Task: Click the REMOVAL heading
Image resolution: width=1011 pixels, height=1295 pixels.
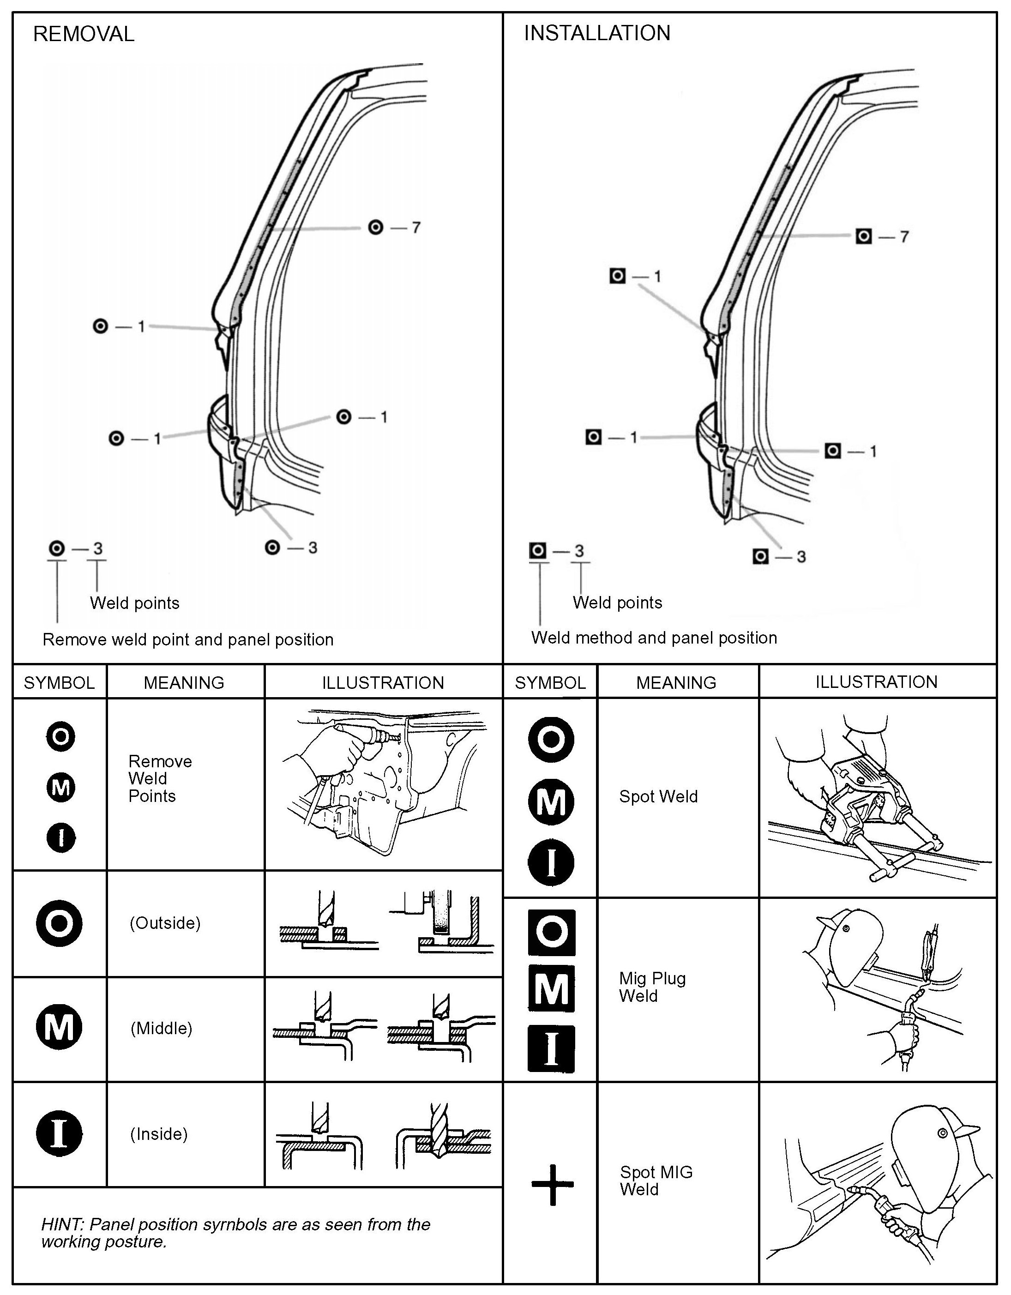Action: [x=84, y=34]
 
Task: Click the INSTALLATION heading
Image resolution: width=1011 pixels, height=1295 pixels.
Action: [x=596, y=33]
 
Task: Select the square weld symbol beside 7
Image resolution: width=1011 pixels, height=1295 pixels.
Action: [x=863, y=236]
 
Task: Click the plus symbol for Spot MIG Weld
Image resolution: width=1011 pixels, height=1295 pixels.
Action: [x=552, y=1185]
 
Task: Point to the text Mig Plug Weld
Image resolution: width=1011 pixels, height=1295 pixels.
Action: [x=652, y=987]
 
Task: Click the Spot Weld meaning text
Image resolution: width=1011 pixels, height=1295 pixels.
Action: [x=658, y=796]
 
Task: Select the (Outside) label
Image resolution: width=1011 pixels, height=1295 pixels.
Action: [x=165, y=923]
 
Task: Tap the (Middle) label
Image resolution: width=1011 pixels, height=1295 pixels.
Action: [x=161, y=1028]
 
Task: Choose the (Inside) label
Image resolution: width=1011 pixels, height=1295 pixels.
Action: [x=159, y=1134]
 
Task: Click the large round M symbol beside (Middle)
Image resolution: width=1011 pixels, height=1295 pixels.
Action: [x=59, y=1028]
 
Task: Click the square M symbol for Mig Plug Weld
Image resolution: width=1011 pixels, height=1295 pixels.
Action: [x=552, y=988]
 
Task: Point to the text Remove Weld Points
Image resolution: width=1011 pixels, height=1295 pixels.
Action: [x=160, y=778]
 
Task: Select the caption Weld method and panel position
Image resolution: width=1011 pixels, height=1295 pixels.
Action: [x=653, y=638]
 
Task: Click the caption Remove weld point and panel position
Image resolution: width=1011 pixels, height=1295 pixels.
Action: [x=188, y=640]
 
